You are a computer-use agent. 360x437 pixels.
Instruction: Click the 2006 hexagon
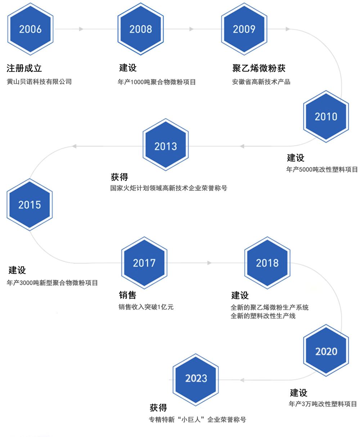(30, 29)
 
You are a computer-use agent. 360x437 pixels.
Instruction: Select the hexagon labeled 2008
(140, 29)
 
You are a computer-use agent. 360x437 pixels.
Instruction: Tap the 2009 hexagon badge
(244, 29)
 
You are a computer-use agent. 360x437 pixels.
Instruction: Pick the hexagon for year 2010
(326, 116)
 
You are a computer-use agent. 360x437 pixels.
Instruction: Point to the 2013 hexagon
(166, 146)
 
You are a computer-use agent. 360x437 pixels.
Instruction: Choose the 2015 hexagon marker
(30, 205)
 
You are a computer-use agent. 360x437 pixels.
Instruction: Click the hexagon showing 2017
(144, 263)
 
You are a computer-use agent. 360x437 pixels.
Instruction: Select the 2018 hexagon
(267, 263)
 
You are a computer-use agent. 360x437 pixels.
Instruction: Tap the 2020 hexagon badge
(326, 351)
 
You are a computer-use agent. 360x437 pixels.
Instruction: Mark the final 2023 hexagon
(196, 378)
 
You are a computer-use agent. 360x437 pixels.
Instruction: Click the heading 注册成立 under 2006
(27, 68)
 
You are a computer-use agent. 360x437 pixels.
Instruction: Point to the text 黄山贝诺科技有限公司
(39, 82)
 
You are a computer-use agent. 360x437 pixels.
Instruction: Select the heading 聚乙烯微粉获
(259, 68)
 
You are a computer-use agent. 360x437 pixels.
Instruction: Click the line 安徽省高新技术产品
(261, 82)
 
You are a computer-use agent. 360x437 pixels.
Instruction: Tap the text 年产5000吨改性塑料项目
(322, 170)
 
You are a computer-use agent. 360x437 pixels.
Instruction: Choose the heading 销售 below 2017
(128, 295)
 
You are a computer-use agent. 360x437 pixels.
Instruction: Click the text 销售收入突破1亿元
(146, 307)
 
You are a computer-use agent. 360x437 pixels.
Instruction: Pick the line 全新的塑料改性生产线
(263, 316)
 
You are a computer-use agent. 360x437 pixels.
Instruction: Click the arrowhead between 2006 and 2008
(81, 29)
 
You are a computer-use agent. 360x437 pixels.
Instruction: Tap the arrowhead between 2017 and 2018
(210, 263)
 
